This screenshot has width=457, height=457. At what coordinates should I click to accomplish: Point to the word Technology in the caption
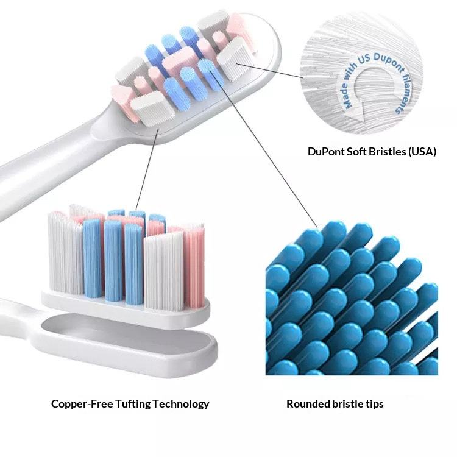point(182,403)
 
